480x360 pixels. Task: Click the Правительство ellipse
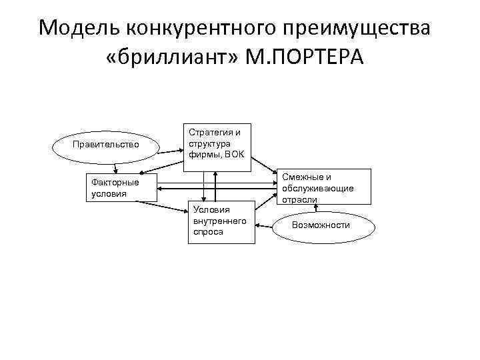(x=105, y=144)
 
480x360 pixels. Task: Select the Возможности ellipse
(x=321, y=225)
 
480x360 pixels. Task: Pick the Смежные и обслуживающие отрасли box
(x=324, y=186)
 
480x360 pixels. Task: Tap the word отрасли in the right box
(x=298, y=199)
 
